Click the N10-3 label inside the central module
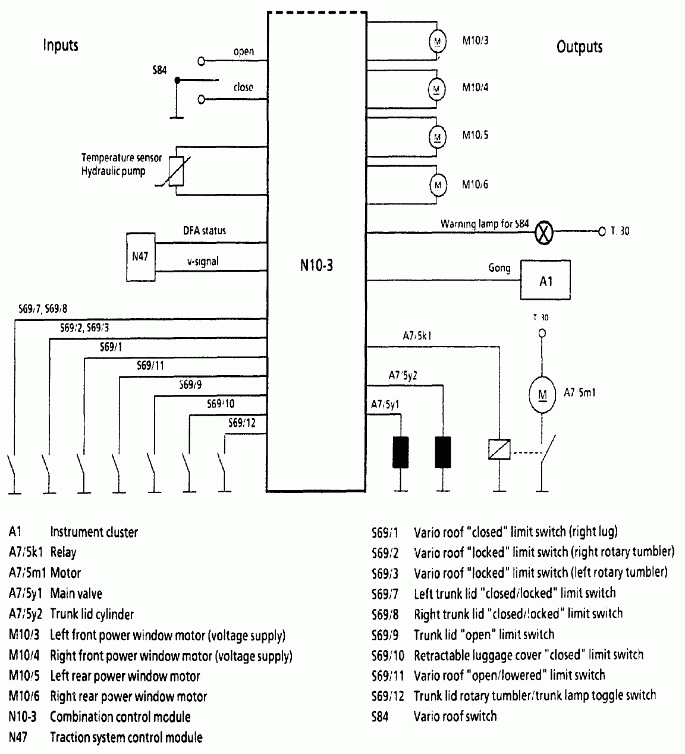click(316, 265)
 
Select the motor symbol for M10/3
click(438, 40)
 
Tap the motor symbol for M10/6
click(438, 184)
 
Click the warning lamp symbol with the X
click(542, 231)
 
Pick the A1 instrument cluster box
click(545, 280)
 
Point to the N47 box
click(140, 256)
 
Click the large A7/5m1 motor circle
click(541, 394)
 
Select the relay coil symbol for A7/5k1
click(497, 449)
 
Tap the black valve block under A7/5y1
click(400, 452)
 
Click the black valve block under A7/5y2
click(443, 452)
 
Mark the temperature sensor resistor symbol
click(177, 171)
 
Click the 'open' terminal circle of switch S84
click(201, 61)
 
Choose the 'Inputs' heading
click(61, 45)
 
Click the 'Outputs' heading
click(579, 47)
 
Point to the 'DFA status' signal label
click(204, 230)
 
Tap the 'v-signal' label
click(203, 261)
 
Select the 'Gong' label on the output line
click(499, 268)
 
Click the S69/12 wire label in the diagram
click(242, 423)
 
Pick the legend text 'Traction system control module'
click(126, 737)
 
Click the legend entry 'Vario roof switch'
click(455, 716)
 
